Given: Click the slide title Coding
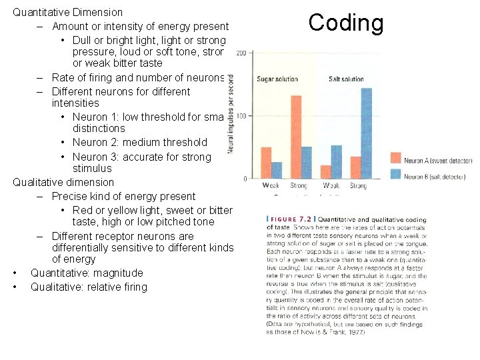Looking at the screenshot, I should click(x=346, y=23).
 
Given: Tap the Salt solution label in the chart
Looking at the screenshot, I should click(x=346, y=79).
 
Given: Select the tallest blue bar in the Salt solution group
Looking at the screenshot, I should click(x=366, y=133).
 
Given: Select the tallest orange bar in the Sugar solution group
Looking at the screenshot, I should click(x=296, y=137).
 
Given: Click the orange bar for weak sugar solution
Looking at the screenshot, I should click(x=266, y=163).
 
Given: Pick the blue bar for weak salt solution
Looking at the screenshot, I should click(x=336, y=161).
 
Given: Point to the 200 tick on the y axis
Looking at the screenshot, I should click(x=241, y=53).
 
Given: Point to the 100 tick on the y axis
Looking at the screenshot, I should click(x=241, y=116).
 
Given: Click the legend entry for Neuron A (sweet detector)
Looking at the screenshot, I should click(x=437, y=161).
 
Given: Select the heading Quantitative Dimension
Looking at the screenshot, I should click(x=68, y=12).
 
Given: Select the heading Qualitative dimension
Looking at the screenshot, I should click(x=63, y=182).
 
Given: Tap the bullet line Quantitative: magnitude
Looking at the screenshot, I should click(x=87, y=273).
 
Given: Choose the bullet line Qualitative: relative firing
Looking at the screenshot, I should click(x=89, y=287).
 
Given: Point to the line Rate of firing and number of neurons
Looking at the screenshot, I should click(x=139, y=77).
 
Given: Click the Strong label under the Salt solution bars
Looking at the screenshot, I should click(x=358, y=186).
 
